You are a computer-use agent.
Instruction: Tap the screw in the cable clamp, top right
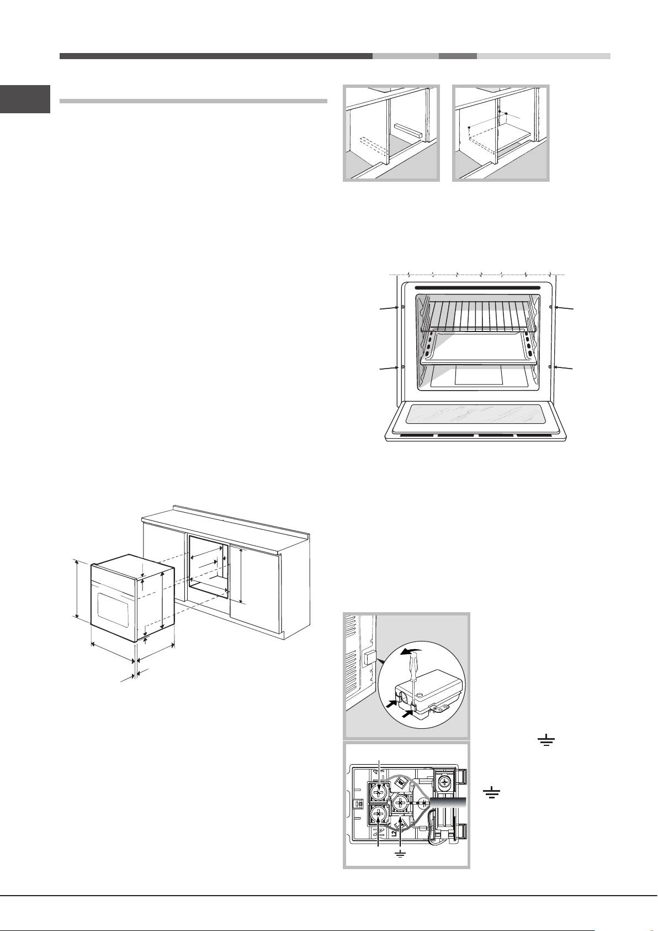[445, 781]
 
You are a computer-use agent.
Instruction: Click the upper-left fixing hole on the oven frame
[403, 306]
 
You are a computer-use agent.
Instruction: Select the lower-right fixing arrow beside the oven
[564, 368]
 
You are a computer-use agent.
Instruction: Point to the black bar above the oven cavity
[477, 288]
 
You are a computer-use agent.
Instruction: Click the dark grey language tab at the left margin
[25, 99]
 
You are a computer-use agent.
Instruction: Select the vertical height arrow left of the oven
[77, 588]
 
